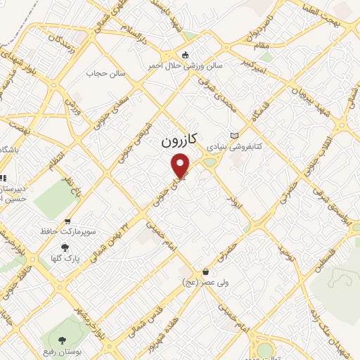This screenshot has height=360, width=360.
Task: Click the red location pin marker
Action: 181,165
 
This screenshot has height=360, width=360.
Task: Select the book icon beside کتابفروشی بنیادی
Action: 235,136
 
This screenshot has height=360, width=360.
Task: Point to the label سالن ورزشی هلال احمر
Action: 184,65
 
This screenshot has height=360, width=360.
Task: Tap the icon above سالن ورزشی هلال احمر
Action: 185,55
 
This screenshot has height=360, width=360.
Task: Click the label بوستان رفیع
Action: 67,352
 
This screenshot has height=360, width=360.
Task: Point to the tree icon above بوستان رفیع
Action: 68,341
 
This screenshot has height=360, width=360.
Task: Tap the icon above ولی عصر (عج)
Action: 205,271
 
